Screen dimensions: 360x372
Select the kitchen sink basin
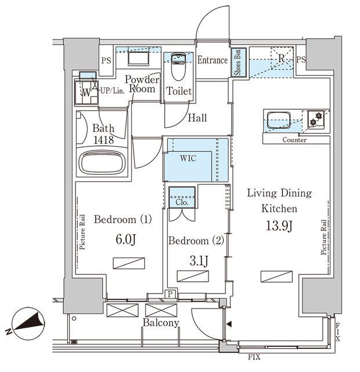[x=279, y=120]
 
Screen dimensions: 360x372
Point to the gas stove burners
[x=316, y=119]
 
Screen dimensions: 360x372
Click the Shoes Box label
[x=237, y=62]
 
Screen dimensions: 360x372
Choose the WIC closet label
[x=188, y=158]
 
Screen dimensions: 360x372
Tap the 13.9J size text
[x=279, y=226]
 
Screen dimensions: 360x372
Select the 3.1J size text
[x=199, y=261]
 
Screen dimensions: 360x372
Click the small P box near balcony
[x=170, y=294]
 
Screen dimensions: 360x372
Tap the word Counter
[x=294, y=140]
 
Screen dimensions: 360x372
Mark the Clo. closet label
[x=182, y=202]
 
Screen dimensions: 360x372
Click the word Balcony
[x=161, y=323]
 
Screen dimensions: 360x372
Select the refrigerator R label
[x=281, y=58]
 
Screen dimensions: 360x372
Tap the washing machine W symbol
[x=87, y=92]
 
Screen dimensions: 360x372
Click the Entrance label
[x=213, y=60]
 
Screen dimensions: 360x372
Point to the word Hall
[x=197, y=117]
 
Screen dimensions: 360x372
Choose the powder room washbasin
[x=138, y=58]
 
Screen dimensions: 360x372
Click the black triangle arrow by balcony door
[x=229, y=324]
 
